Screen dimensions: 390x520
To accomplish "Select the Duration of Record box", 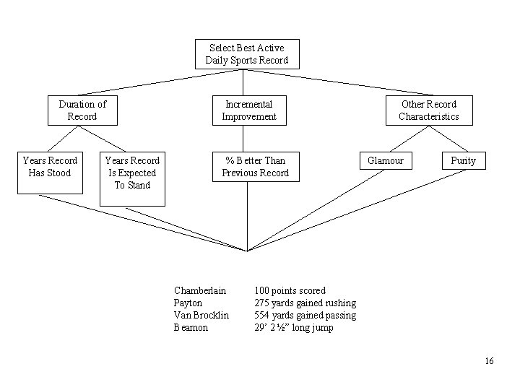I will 82,110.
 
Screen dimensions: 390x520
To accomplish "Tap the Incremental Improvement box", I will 248,110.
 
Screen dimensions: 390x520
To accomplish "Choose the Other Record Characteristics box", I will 428,110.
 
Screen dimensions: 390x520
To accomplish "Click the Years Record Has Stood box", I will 50,173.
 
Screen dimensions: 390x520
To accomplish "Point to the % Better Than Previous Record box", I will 255,167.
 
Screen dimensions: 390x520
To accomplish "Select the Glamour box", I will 386,160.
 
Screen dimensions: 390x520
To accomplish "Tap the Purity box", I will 463,160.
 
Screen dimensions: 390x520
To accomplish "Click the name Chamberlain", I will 200,290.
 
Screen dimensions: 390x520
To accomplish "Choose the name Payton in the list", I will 188,303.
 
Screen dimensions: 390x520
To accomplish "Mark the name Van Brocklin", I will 201,315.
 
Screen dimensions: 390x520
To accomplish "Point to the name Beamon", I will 191,327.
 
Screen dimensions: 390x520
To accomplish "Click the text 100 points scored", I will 290,290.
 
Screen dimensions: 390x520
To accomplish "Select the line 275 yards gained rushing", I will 305,303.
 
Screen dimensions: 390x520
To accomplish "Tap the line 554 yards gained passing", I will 305,315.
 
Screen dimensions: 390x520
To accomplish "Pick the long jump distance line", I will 294,327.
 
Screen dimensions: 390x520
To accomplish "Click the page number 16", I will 489,361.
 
